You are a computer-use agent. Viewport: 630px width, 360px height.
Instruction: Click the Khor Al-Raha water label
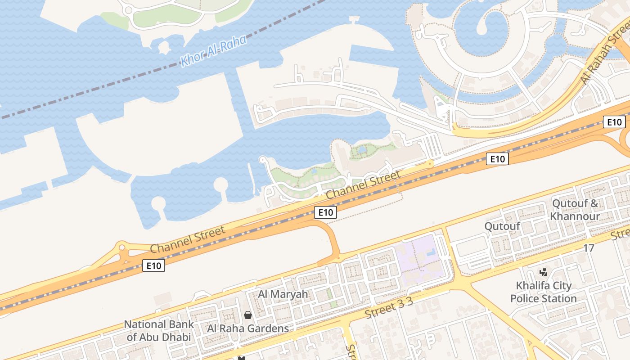point(213,51)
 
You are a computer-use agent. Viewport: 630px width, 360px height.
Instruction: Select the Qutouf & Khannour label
point(575,210)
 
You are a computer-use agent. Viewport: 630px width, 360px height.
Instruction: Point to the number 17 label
point(589,248)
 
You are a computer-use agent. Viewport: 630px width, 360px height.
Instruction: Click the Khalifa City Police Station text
point(544,292)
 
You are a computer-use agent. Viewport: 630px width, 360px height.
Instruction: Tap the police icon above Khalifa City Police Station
point(544,272)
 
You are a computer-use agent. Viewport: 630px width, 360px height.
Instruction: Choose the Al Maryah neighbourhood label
point(283,294)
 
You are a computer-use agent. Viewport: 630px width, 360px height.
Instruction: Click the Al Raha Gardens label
point(248,328)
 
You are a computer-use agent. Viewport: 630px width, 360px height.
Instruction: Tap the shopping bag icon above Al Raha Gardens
point(247,315)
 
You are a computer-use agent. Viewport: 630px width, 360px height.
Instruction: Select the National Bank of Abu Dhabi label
point(159,330)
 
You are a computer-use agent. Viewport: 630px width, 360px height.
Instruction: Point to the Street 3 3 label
point(389,310)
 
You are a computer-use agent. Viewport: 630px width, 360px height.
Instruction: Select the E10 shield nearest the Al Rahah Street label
point(614,122)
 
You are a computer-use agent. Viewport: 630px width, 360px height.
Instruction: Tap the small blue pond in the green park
point(362,150)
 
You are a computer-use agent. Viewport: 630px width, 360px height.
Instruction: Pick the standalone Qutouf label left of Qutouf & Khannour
point(502,226)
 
